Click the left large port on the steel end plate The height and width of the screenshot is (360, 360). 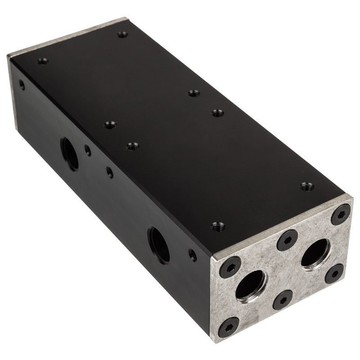tap(251, 284)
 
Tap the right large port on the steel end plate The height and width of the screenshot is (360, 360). tap(315, 253)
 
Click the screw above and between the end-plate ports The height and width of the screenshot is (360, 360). tap(287, 240)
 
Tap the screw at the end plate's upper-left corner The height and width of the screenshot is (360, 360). tap(230, 269)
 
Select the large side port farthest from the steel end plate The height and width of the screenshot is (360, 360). tap(70, 153)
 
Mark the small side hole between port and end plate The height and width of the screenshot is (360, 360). tap(193, 255)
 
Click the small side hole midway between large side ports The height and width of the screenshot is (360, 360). tap(109, 171)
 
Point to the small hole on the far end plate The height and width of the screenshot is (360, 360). tap(22, 84)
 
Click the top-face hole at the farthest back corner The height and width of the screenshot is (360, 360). tap(122, 34)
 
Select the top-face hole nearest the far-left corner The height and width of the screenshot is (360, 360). tap(42, 61)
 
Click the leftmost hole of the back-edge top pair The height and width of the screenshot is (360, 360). tap(194, 93)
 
